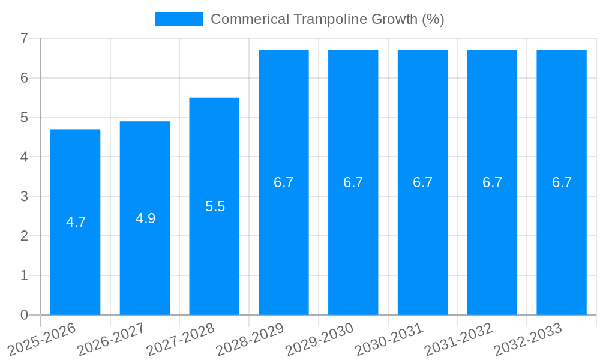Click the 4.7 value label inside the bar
(x=76, y=222)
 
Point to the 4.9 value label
(x=145, y=218)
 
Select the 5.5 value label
(x=215, y=206)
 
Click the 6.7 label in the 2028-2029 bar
(x=284, y=182)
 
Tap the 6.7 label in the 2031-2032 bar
(x=492, y=182)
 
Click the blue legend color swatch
(x=179, y=19)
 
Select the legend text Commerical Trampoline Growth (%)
(x=327, y=19)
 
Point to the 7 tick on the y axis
(x=25, y=38)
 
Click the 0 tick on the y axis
(x=25, y=315)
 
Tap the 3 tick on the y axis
(x=25, y=196)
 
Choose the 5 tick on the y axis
(x=25, y=118)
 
